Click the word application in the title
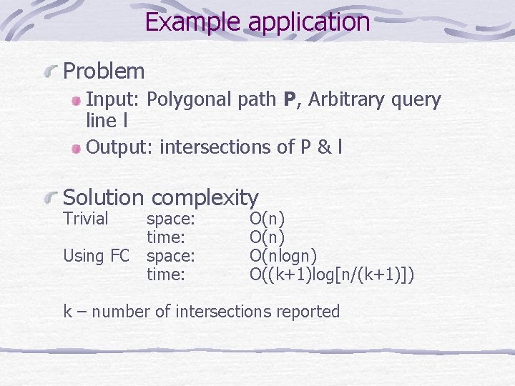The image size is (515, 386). pos(309,22)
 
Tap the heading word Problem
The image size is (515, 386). pos(104,71)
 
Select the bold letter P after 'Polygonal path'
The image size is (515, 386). pos(290,100)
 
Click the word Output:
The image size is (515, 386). pos(120,147)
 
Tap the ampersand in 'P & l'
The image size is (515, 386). pos(324,147)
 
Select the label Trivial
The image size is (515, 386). pos(86,219)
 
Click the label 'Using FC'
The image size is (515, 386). pos(97,255)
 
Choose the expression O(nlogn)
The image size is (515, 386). pos(283,255)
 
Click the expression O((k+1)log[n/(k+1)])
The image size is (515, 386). pos(332,274)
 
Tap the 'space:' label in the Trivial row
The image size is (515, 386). pos(171,219)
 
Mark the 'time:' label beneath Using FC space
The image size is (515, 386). pos(166,274)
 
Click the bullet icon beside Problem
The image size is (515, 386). pos(51,71)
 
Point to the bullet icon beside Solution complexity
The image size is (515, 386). pos(51,197)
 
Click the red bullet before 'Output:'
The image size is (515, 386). pos(77,148)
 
